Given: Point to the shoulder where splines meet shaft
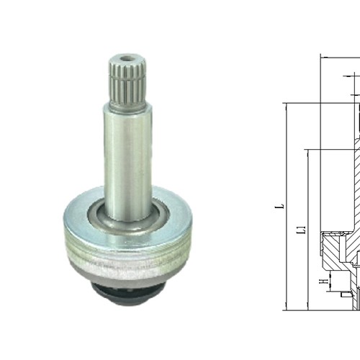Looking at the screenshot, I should pos(128,106).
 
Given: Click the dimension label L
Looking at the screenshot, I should pos(282,207).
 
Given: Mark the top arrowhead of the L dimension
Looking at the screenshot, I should pos(287,106).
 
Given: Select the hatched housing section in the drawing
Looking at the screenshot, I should pos(338,248).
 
